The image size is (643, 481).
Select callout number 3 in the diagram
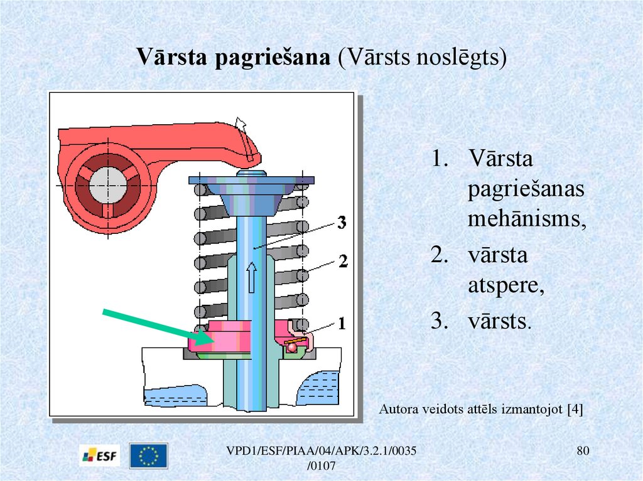(x=342, y=222)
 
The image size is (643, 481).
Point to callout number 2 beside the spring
(x=342, y=261)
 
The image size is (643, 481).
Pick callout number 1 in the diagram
(x=342, y=324)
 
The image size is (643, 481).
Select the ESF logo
(x=100, y=456)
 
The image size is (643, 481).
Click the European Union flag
(x=148, y=456)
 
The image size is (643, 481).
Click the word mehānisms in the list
(x=526, y=221)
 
